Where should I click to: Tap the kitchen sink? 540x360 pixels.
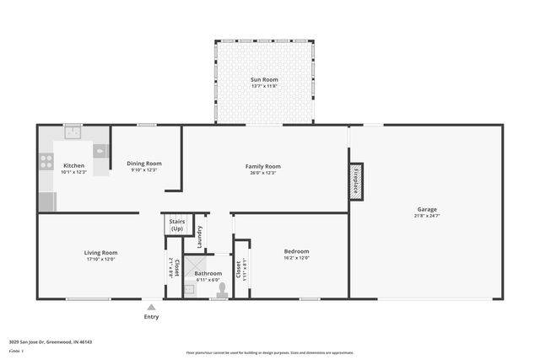click(73, 132)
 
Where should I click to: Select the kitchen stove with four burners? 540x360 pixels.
click(46, 160)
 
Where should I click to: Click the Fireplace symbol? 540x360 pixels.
click(356, 182)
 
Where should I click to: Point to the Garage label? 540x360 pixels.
click(426, 209)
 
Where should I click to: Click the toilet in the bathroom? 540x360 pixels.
click(222, 289)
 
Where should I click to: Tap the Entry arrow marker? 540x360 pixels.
click(151, 307)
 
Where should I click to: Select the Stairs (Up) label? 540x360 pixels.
click(176, 225)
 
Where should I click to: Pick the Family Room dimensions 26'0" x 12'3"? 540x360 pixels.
click(262, 173)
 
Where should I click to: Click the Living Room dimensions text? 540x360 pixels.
click(100, 259)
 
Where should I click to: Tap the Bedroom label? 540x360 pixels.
click(296, 251)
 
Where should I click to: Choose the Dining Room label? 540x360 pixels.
click(143, 164)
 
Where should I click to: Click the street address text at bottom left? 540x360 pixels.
click(50, 342)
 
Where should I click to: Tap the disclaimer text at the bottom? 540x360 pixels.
click(269, 353)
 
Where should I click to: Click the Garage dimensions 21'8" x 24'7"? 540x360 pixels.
click(426, 216)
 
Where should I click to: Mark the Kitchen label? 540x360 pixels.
click(73, 166)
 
